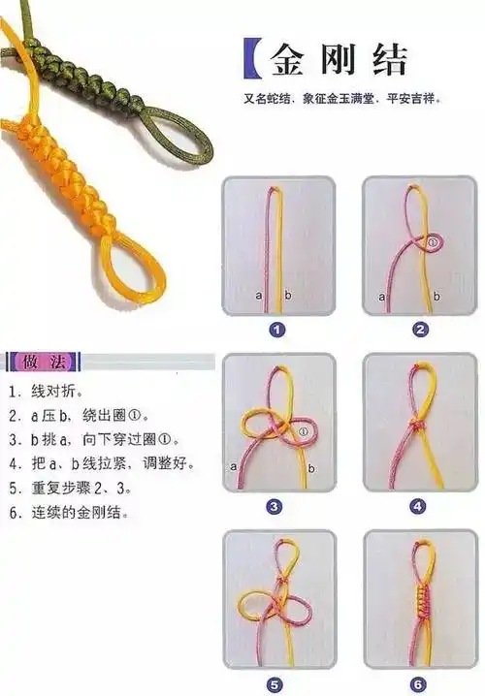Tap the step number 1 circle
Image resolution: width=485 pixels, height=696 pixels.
(x=277, y=330)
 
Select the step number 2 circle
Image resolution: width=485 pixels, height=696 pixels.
(x=419, y=330)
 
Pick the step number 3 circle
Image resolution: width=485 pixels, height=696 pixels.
(x=275, y=506)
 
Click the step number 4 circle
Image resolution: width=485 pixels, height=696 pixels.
(x=418, y=506)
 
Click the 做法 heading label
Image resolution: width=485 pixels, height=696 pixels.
(x=43, y=363)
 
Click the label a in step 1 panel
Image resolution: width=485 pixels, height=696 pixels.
(x=258, y=294)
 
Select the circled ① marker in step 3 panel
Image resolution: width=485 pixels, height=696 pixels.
(x=305, y=430)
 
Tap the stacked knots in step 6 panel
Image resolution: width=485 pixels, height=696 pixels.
(x=418, y=604)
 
